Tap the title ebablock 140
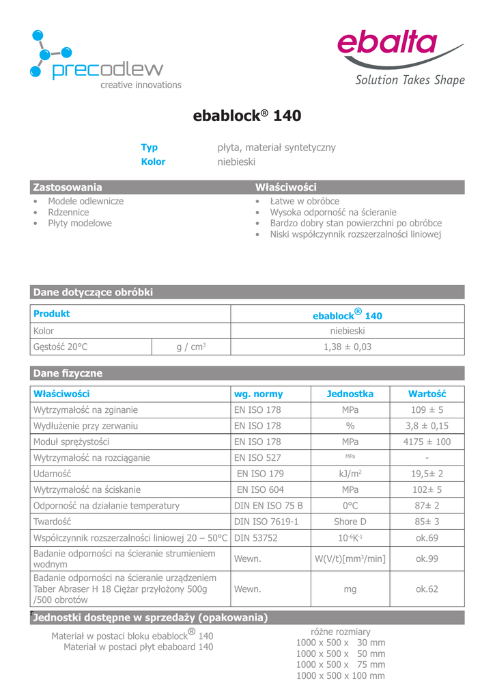pyautogui.click(x=247, y=116)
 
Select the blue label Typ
pyautogui.click(x=149, y=148)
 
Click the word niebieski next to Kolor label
pyautogui.click(x=236, y=162)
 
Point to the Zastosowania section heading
pyautogui.click(x=68, y=187)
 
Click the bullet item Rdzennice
pyautogui.click(x=68, y=213)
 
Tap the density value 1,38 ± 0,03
pyautogui.click(x=348, y=347)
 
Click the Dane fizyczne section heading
pyautogui.click(x=68, y=373)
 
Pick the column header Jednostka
pyautogui.click(x=350, y=394)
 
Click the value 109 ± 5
pyautogui.click(x=427, y=410)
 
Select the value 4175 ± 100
pyautogui.click(x=427, y=442)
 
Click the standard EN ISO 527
pyautogui.click(x=257, y=458)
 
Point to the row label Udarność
pyautogui.click(x=52, y=474)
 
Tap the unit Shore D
pyautogui.click(x=350, y=522)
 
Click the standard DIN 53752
pyautogui.click(x=256, y=538)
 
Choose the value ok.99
pyautogui.click(x=427, y=559)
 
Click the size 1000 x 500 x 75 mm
pyautogui.click(x=341, y=664)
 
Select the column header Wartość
pyautogui.click(x=427, y=394)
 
